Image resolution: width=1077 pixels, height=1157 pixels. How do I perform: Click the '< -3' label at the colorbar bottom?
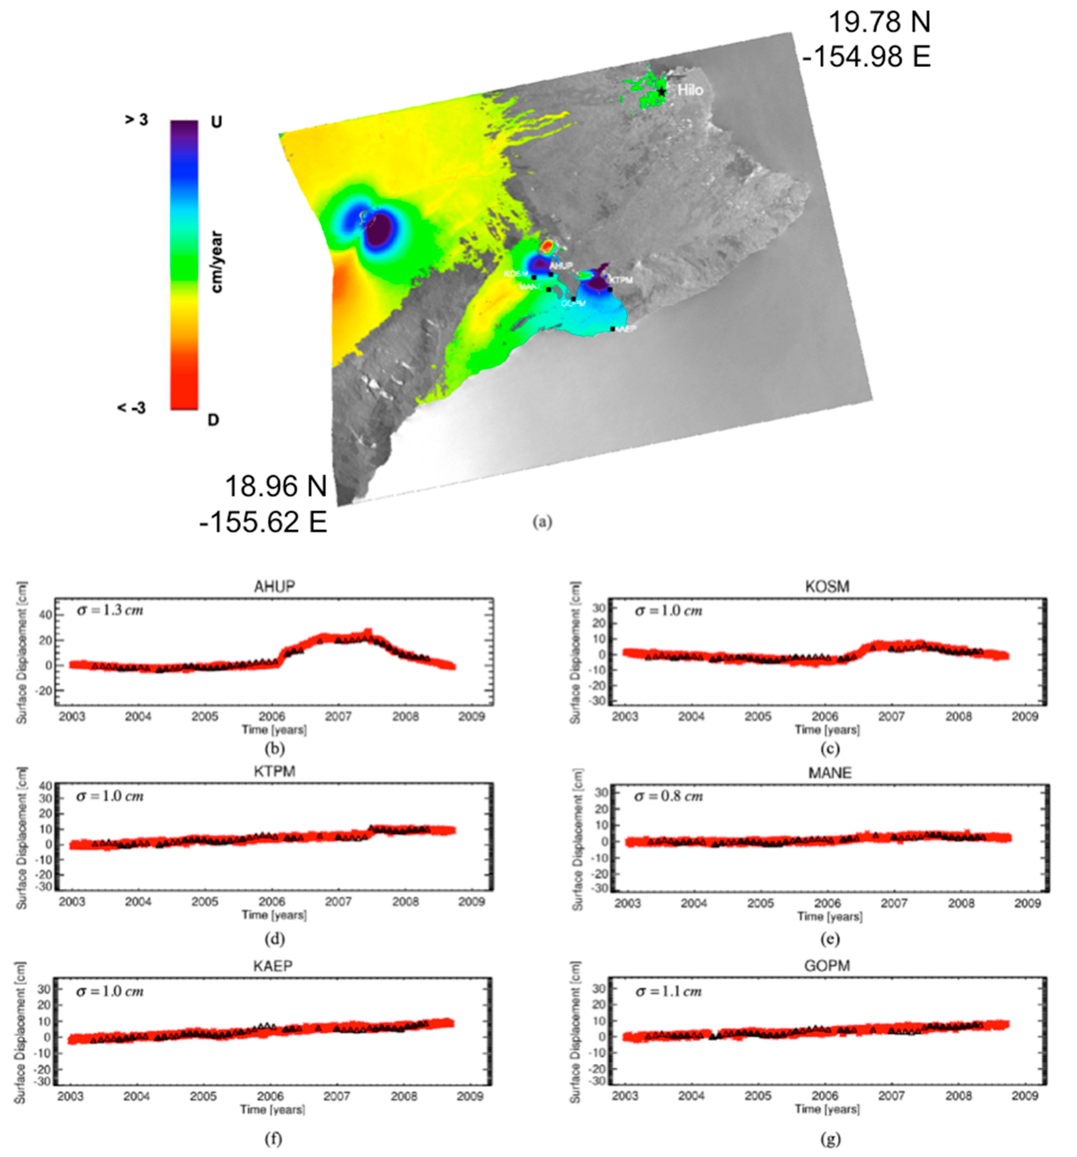[x=132, y=408]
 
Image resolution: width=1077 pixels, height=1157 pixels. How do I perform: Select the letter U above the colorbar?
[x=216, y=122]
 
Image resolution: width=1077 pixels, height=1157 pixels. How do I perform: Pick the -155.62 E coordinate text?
[x=263, y=521]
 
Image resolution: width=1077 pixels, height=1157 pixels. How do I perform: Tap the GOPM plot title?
[x=827, y=966]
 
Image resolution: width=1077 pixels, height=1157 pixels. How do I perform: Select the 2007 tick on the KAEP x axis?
[x=337, y=1096]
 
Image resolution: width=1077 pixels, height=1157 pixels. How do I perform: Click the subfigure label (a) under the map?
[x=542, y=522]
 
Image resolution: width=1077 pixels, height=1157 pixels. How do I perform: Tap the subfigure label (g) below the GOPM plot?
[x=830, y=1138]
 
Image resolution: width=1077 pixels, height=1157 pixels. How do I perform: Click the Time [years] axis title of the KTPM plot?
[x=274, y=915]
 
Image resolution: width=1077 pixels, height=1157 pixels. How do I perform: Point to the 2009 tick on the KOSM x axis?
[x=1025, y=717]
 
